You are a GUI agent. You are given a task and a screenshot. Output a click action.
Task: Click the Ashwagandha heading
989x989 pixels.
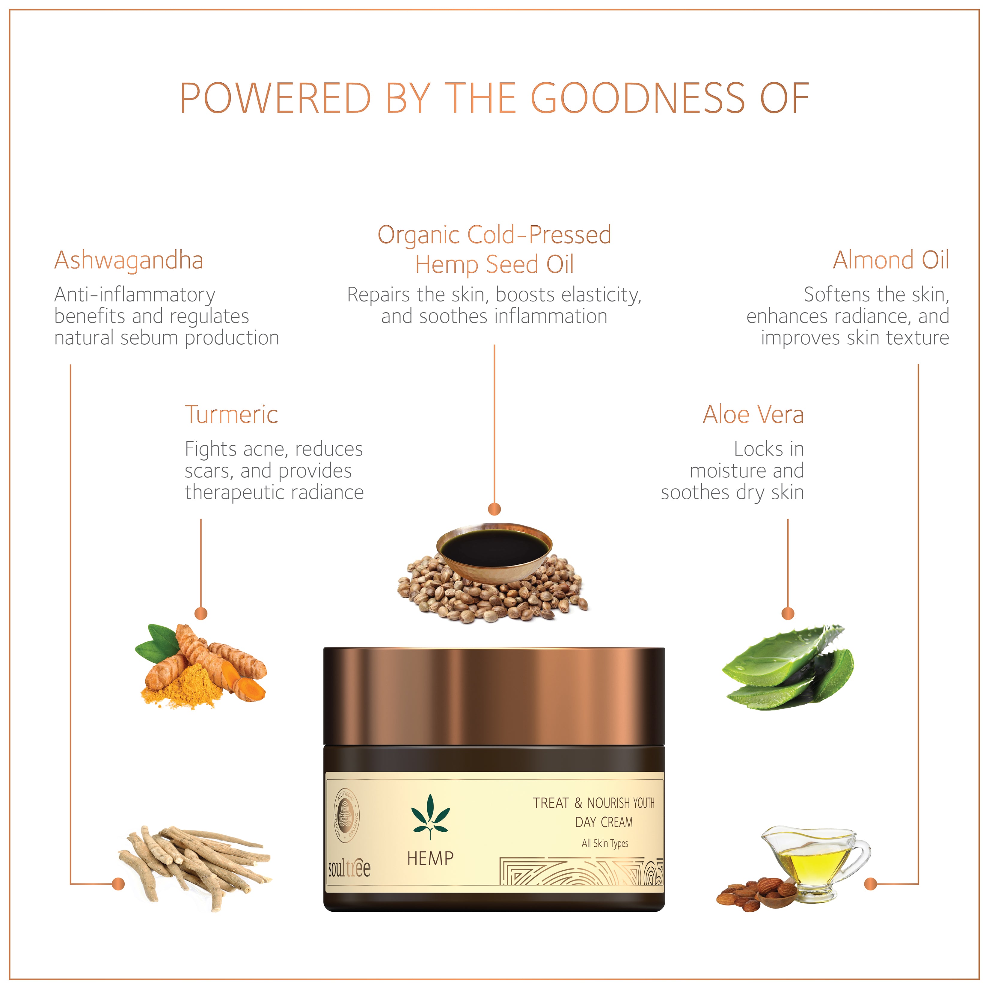pos(129,260)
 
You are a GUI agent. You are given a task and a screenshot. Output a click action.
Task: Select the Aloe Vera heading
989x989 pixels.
pos(753,415)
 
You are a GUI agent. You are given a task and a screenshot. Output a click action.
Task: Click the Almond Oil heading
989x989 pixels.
pos(891,260)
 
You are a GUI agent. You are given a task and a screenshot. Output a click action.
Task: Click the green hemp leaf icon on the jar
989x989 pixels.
pos(430,816)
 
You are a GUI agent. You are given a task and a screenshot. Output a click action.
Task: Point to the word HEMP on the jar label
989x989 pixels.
pos(430,858)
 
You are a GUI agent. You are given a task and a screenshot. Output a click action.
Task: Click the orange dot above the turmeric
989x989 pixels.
pos(201,613)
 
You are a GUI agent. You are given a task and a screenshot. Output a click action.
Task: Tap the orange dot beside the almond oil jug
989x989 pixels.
pos(870,884)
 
